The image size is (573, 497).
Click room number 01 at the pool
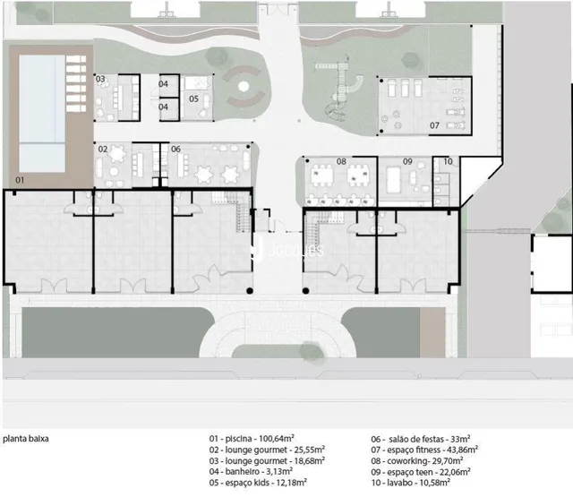coord(20,180)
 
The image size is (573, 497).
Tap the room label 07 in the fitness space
coord(434,125)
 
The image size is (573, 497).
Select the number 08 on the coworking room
coord(341,161)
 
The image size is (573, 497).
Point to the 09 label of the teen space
coord(407,161)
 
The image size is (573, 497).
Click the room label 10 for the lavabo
coord(448,161)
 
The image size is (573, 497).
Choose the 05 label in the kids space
coord(193,99)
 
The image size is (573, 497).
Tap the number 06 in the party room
coord(175,149)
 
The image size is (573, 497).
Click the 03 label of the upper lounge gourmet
coord(100,79)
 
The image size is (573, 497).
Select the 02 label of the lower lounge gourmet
coord(103,149)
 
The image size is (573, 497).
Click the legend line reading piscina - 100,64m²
coord(252,439)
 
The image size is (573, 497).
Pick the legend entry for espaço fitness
coord(424,450)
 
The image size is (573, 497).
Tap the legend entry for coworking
coord(417,461)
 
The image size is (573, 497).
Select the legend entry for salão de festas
coord(421,439)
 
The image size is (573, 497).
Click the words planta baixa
coord(26,439)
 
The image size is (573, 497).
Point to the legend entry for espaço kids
coord(258,483)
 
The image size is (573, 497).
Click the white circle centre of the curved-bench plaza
coord(244,87)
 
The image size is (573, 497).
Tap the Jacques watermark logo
coord(287,251)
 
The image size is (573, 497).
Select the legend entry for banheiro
coord(251,472)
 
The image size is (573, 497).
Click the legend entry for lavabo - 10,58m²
coord(410,483)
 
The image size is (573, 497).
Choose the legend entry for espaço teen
coord(421,472)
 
